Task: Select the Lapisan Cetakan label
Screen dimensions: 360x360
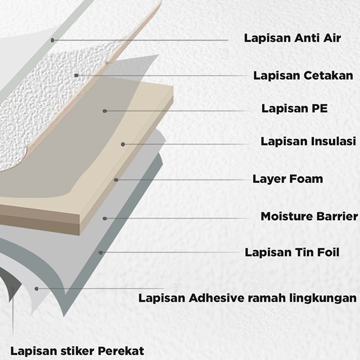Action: point(303,75)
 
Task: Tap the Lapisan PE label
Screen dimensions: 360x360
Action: point(294,108)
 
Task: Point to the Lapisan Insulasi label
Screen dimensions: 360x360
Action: point(308,142)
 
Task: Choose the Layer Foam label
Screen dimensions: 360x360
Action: point(288,179)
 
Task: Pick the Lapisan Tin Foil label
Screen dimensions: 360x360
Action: point(292,252)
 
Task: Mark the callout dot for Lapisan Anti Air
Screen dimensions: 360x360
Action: point(52,40)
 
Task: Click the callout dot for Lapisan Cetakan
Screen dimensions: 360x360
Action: point(76,75)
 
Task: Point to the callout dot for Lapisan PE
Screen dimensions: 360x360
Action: point(105,110)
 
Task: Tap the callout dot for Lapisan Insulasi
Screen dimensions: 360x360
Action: point(123,144)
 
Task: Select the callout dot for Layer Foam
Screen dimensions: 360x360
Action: point(115,180)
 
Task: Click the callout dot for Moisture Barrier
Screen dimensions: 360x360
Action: point(105,218)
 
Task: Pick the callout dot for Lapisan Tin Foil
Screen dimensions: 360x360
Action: point(101,252)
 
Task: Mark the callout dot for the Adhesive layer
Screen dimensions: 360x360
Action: point(36,289)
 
